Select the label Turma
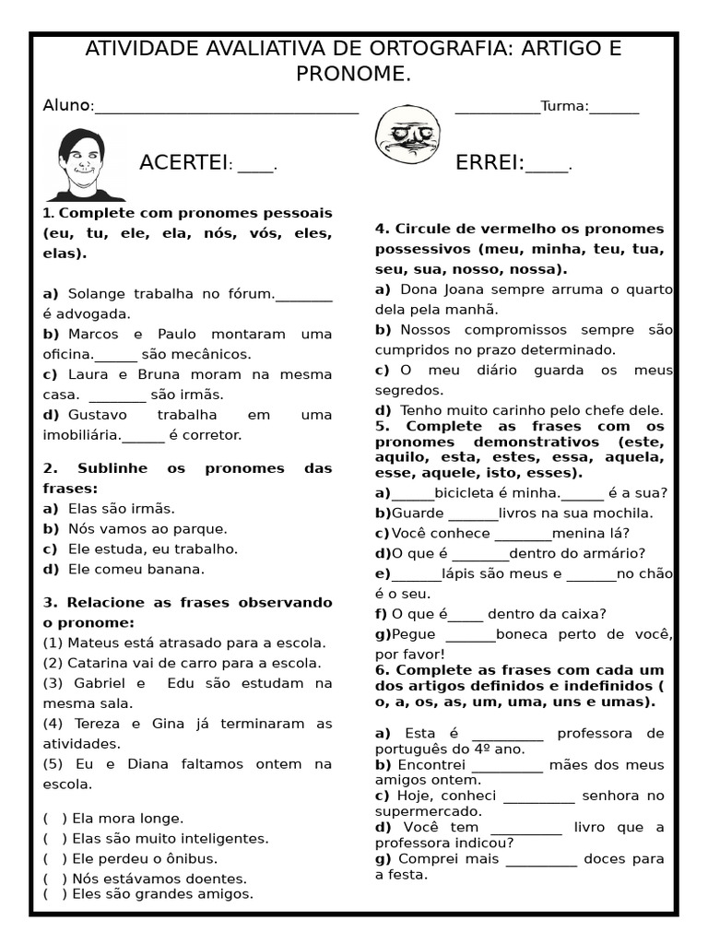coord(563,106)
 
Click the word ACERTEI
coord(183,163)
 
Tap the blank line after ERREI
coord(547,167)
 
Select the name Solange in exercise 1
coord(96,294)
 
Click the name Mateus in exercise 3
coord(93,643)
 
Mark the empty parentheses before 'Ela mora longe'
coord(54,818)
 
